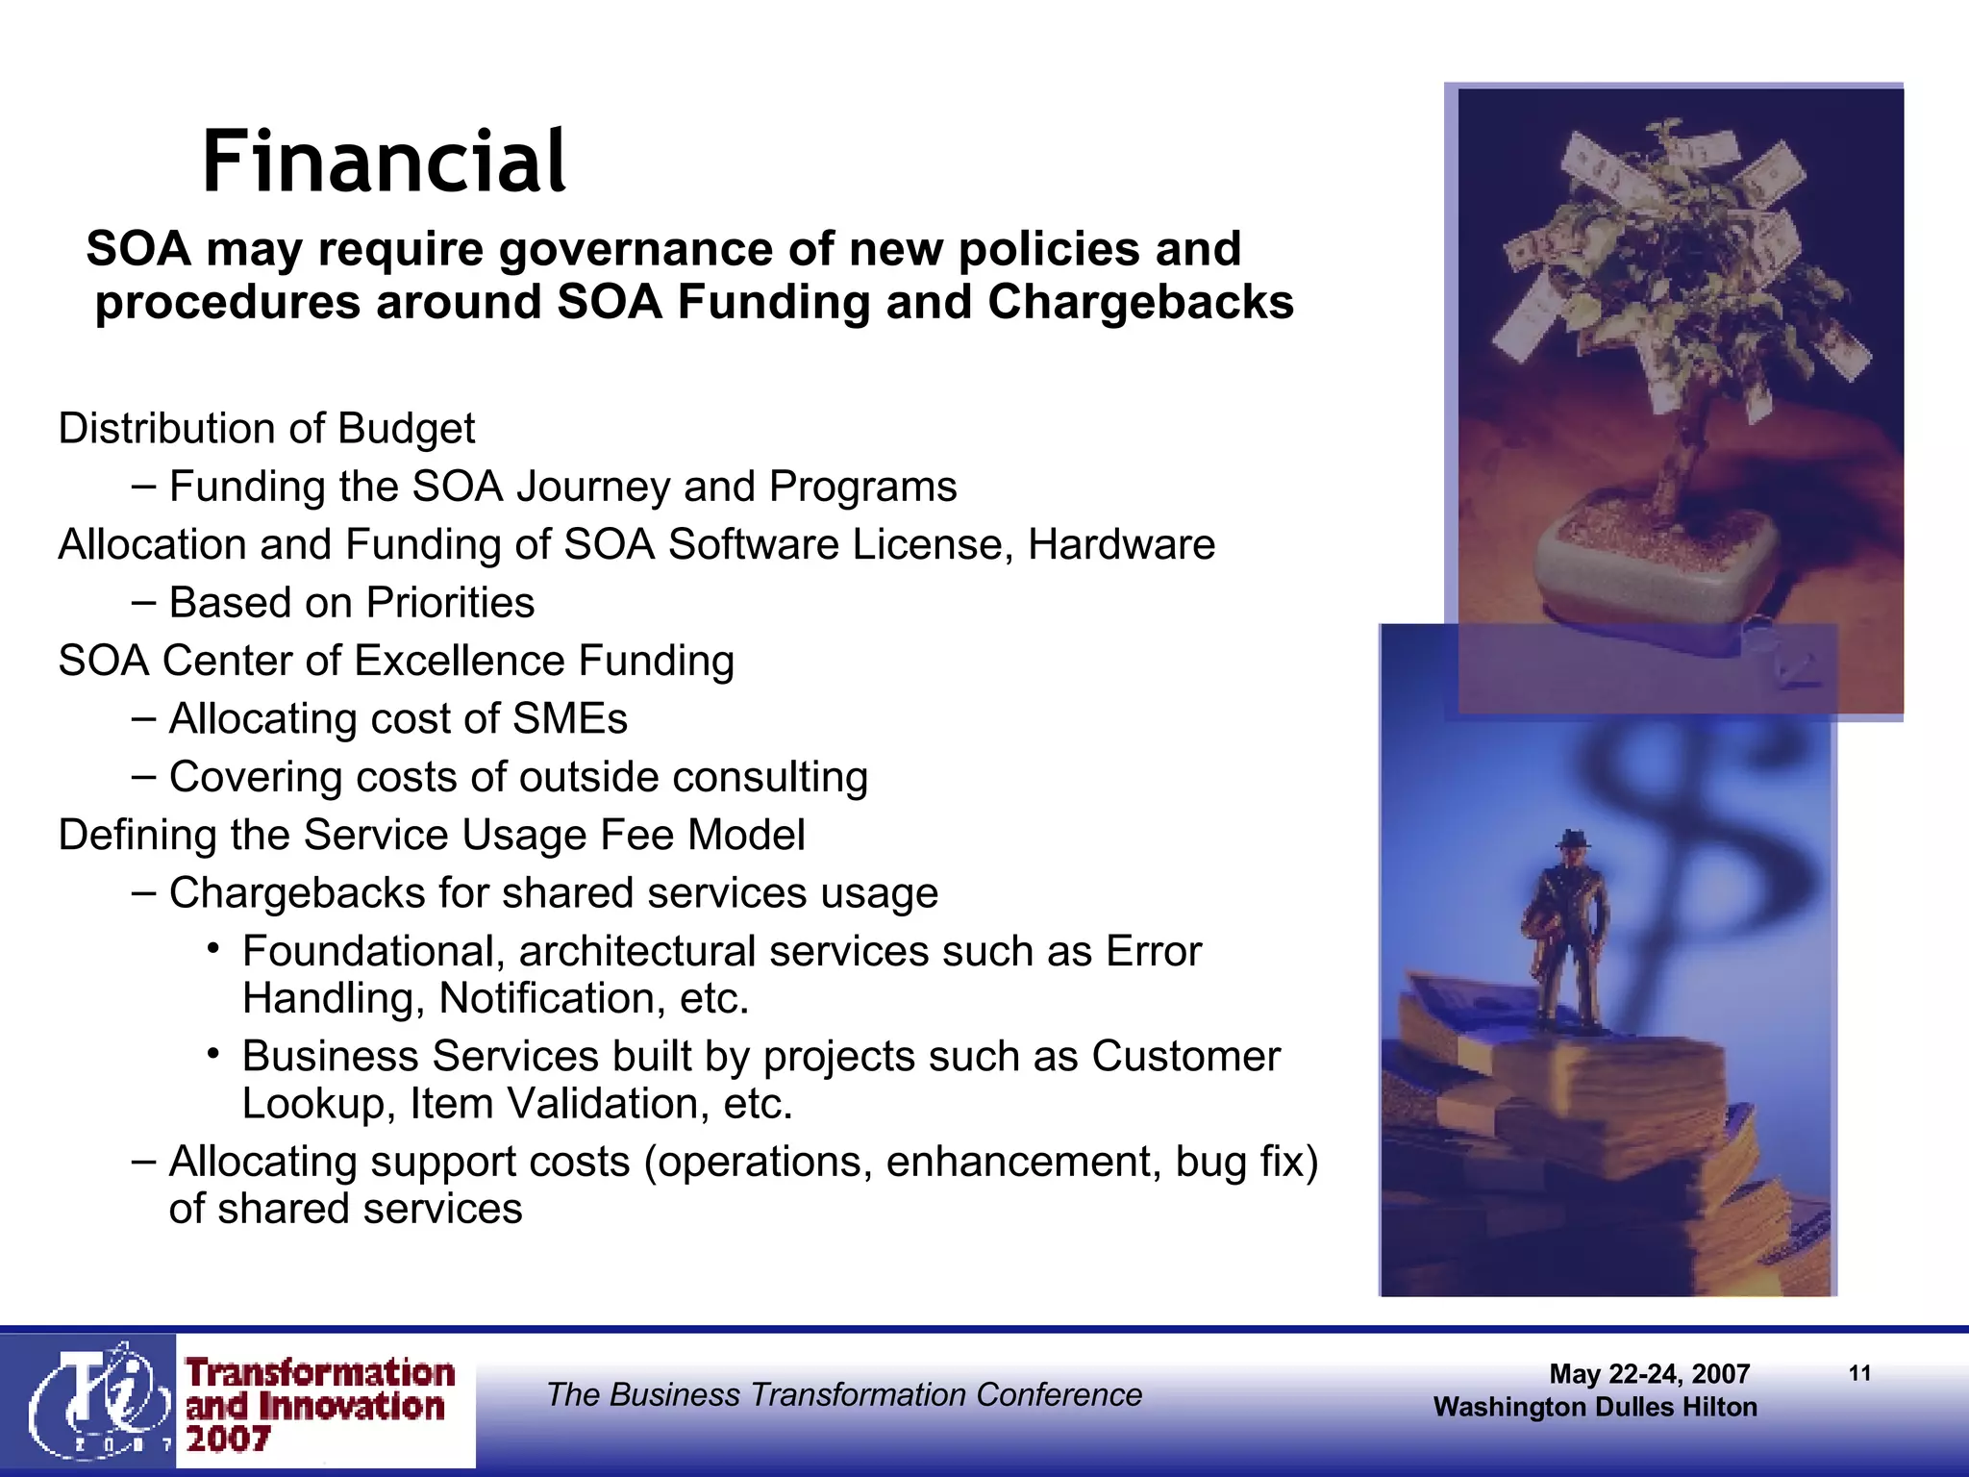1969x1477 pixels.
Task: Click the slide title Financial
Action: pos(384,162)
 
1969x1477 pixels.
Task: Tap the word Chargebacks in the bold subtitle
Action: pos(1140,302)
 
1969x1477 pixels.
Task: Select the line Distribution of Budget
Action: pos(266,429)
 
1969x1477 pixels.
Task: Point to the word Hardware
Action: pos(1121,545)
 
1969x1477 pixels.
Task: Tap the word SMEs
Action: pos(569,719)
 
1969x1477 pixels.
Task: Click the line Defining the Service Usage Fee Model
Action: pos(432,836)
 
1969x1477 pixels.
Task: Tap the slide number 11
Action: pos(1859,1373)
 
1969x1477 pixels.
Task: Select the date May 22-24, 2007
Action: pos(1649,1374)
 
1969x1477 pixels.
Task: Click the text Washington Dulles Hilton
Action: pos(1595,1408)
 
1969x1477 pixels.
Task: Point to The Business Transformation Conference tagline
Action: pos(844,1394)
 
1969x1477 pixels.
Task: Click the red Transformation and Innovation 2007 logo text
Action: pos(319,1404)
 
